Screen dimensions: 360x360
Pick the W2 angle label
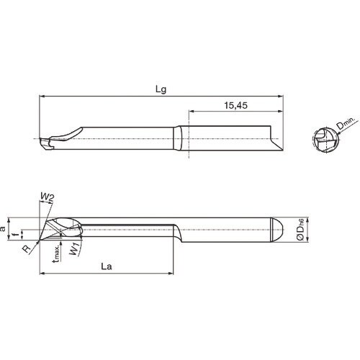click(x=47, y=196)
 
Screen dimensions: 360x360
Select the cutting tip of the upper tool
click(x=44, y=145)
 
